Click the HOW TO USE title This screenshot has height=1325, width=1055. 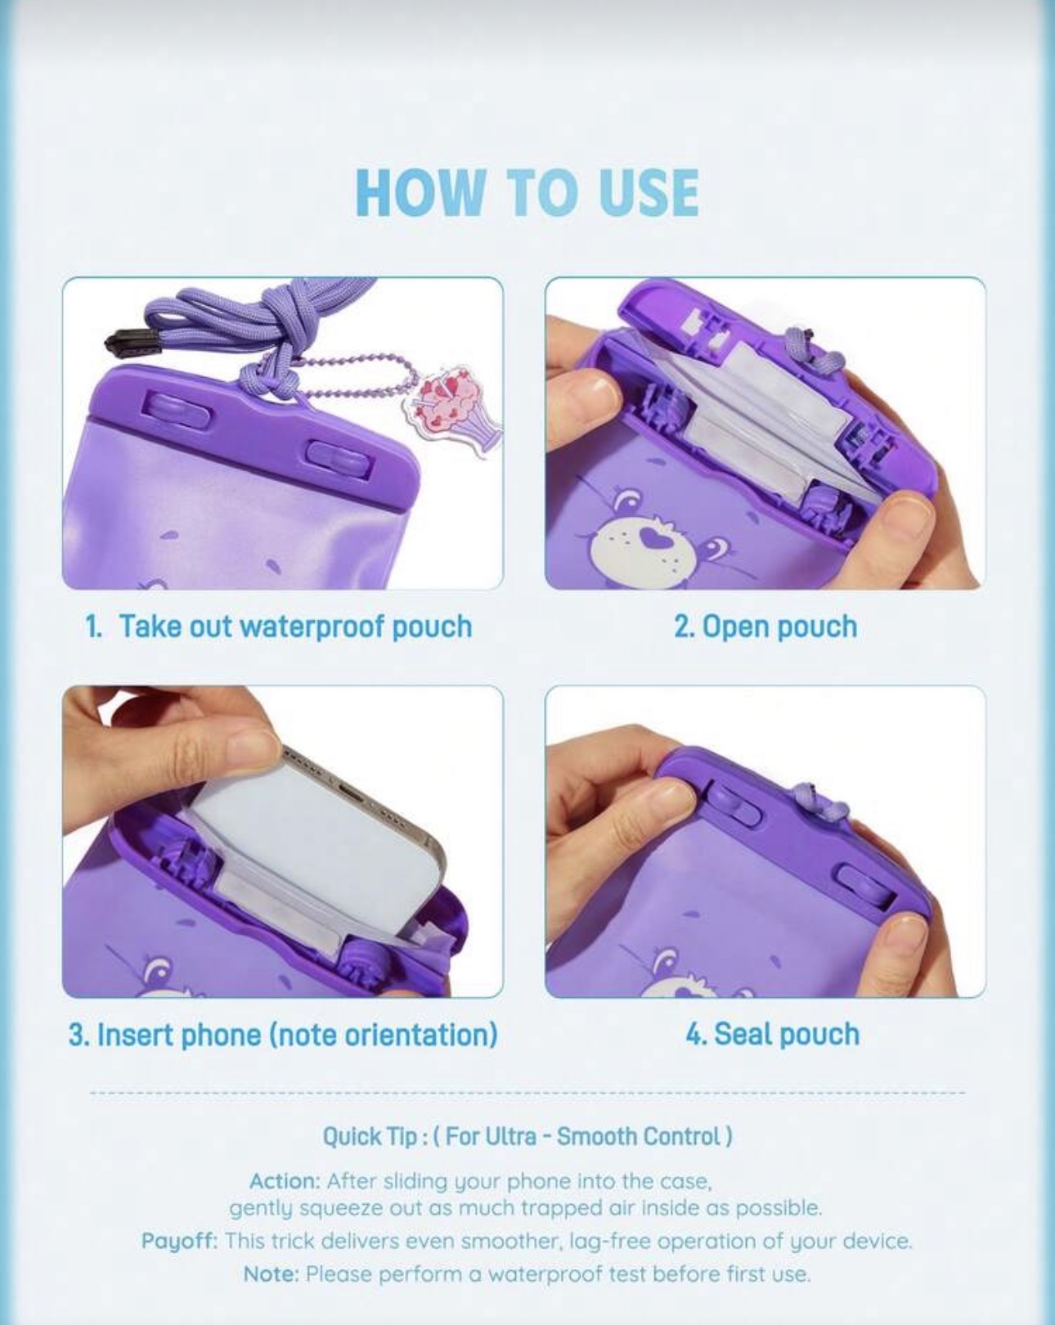527,192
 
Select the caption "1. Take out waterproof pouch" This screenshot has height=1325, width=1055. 278,627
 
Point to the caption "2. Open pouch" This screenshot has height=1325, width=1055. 765,627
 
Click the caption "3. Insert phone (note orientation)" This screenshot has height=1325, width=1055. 283,1034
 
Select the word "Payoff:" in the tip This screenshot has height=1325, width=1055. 179,1240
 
